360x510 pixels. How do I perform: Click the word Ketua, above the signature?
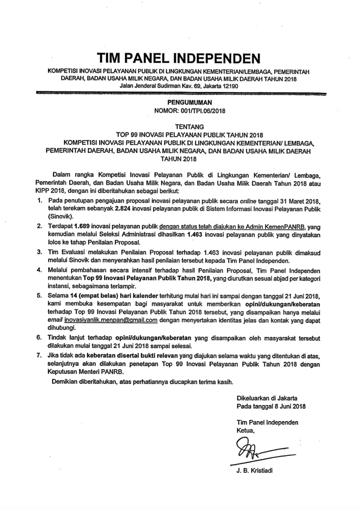(x=245, y=430)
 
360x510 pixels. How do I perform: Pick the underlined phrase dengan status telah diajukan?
(x=194, y=227)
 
